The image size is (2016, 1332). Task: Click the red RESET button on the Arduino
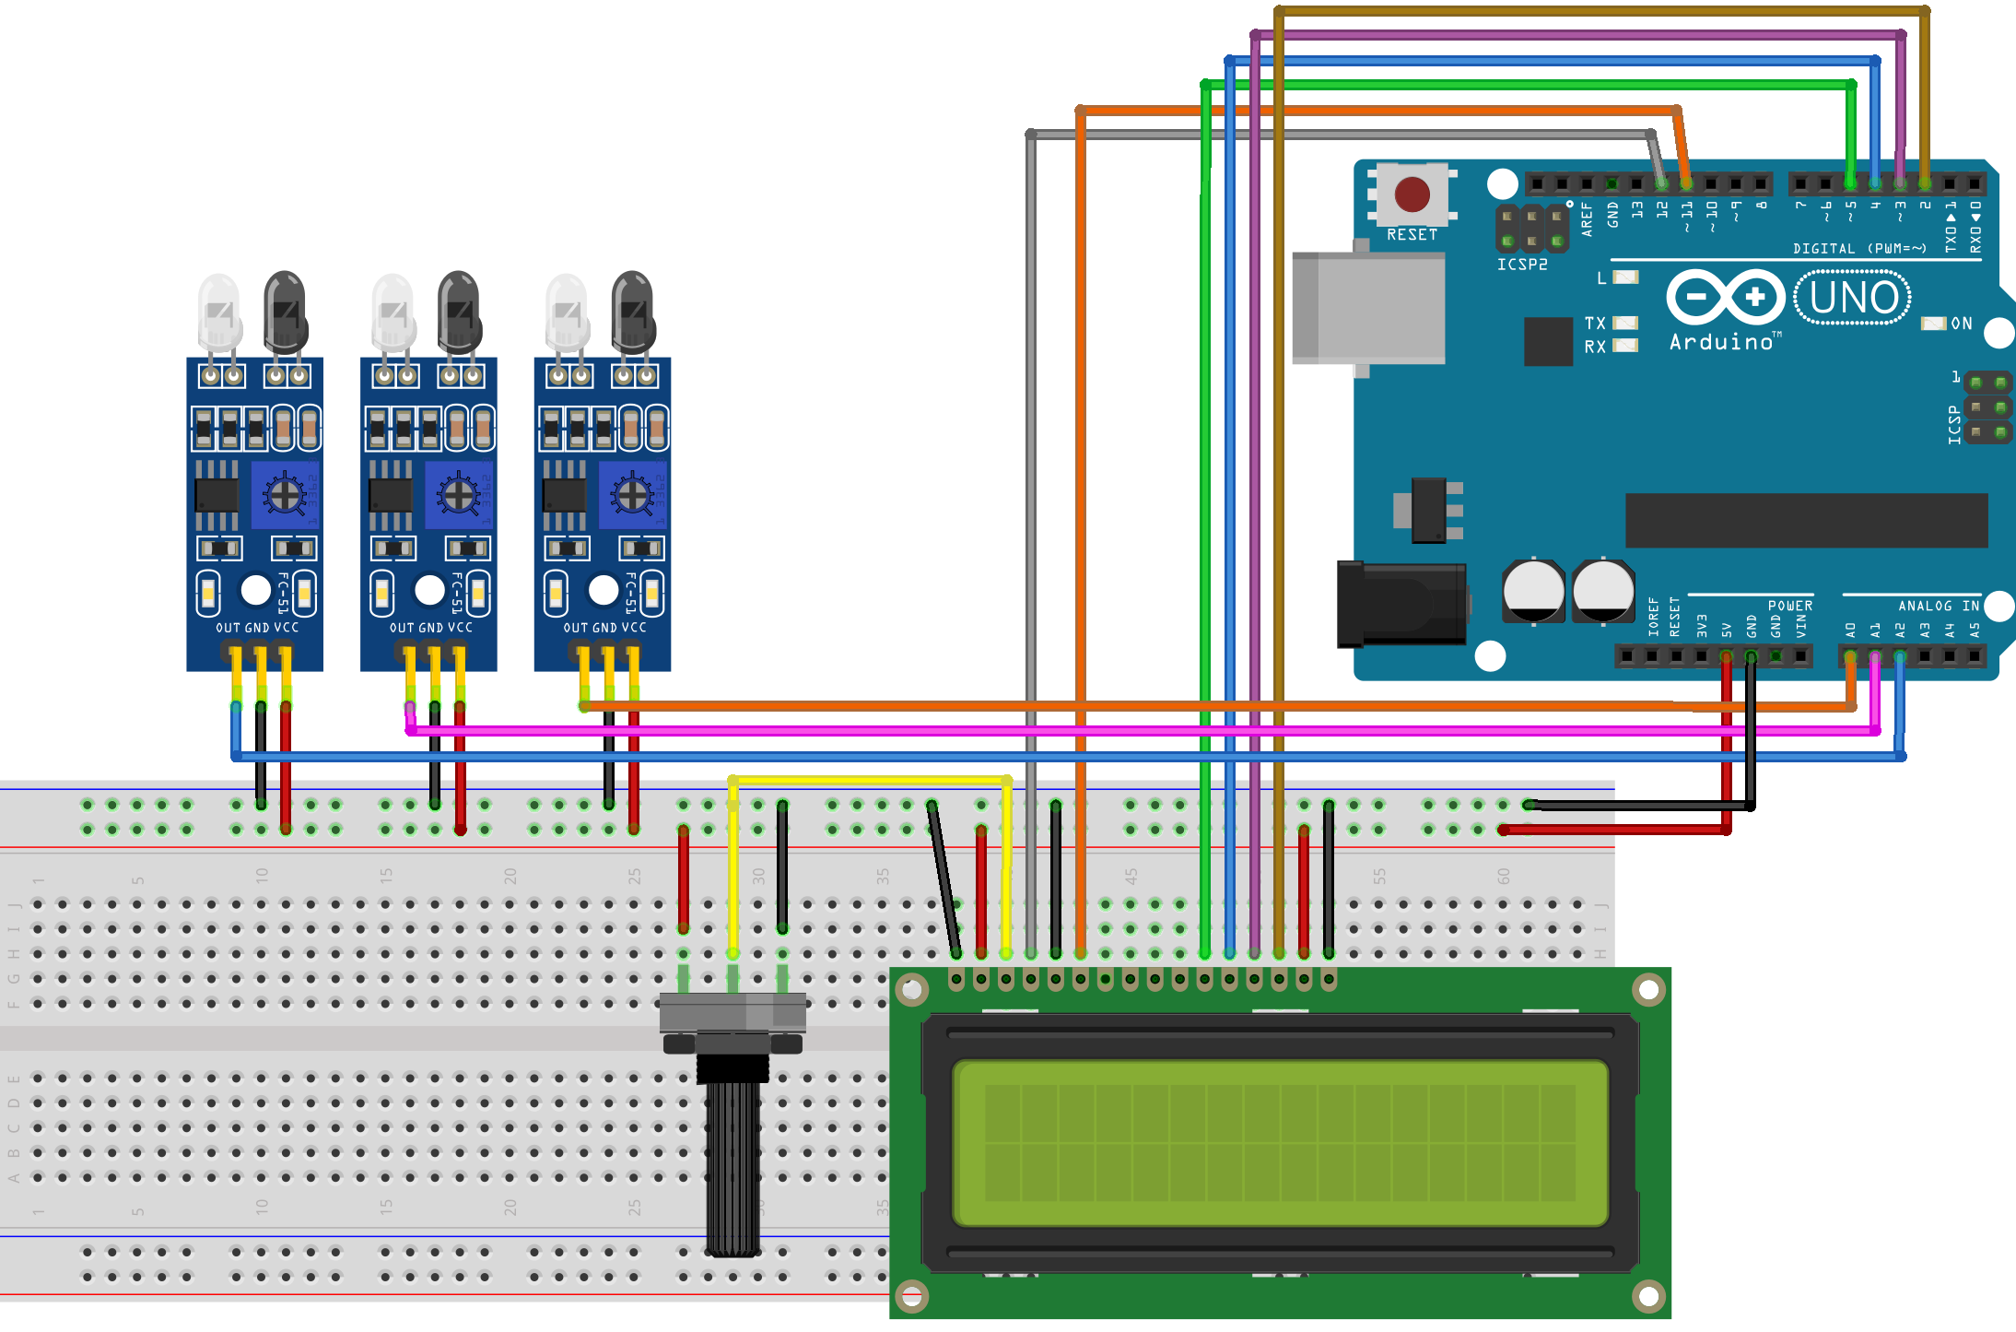point(1412,194)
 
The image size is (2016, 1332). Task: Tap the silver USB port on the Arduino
point(1368,308)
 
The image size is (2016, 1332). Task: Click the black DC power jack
point(1401,606)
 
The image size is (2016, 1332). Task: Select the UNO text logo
point(1853,298)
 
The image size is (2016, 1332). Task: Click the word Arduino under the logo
point(1721,342)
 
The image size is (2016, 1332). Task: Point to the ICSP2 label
point(1522,265)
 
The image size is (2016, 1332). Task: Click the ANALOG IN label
point(1939,606)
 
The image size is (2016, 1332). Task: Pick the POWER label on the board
point(1789,606)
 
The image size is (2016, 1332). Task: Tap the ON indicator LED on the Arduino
point(1933,324)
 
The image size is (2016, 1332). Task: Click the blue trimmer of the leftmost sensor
point(285,496)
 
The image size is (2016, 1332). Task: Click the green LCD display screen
point(1280,1143)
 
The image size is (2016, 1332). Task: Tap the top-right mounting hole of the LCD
point(1647,991)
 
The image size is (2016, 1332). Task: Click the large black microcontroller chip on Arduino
point(1806,520)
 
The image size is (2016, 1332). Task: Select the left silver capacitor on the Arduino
point(1533,591)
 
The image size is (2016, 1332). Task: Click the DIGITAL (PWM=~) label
point(1859,248)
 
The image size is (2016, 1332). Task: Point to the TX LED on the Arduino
point(1625,323)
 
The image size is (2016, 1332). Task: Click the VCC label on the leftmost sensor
point(287,628)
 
